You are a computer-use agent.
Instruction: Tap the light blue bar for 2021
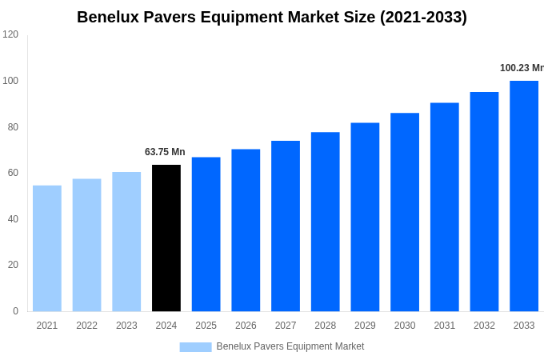[47, 249]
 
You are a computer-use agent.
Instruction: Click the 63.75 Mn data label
[165, 152]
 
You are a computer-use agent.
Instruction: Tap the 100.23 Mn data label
[522, 68]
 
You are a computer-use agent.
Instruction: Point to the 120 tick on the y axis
[10, 34]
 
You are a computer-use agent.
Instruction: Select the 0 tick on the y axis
[15, 311]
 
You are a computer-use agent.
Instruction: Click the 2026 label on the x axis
[246, 326]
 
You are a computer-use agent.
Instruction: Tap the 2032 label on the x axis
[484, 326]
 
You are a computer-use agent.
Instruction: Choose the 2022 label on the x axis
[86, 326]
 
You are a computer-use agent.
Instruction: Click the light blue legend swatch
[195, 347]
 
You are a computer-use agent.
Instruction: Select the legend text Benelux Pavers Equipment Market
[290, 346]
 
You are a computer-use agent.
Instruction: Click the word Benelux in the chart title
[110, 17]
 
